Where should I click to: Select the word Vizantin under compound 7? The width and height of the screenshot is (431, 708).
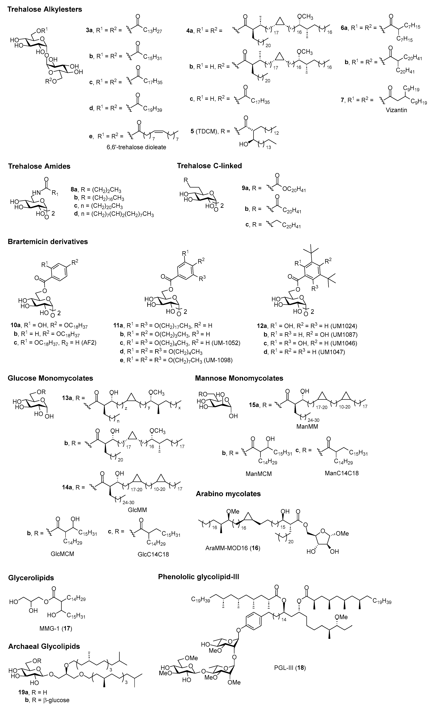pos(396,110)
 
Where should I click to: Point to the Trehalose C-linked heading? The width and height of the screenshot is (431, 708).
pos(209,166)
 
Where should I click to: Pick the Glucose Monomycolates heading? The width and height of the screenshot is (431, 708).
pos(50,378)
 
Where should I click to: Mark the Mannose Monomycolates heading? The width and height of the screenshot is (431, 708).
pos(239,378)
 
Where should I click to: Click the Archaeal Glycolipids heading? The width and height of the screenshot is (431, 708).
pos(44,647)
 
